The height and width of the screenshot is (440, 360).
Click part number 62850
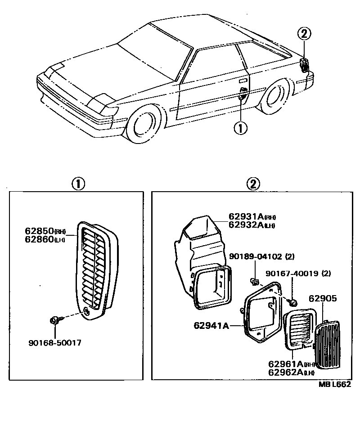[38, 231]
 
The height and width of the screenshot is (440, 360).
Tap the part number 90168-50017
[55, 342]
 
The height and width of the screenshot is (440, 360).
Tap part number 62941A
[211, 324]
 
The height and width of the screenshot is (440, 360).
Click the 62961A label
[286, 364]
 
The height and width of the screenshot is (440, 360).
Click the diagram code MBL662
[334, 384]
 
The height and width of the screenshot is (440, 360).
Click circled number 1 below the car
[240, 128]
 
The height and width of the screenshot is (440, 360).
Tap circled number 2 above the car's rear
[304, 33]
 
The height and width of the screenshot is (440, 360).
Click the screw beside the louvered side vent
[54, 321]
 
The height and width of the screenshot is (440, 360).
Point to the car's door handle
[243, 81]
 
